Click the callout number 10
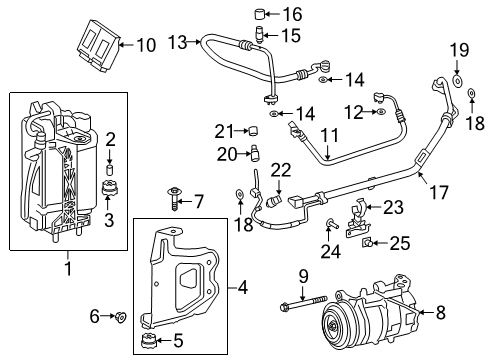point(146,44)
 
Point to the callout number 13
point(178,41)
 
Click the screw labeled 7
point(176,202)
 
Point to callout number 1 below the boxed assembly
point(67,268)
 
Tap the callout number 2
point(112,138)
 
